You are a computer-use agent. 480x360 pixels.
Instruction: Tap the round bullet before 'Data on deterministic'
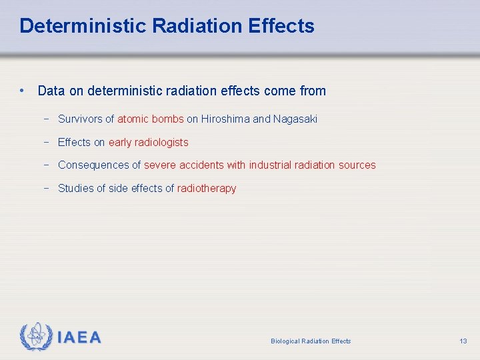(23, 90)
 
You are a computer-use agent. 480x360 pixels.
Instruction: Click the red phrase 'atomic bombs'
(150, 119)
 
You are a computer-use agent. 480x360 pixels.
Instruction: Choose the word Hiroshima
(225, 119)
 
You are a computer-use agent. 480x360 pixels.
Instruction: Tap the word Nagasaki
(295, 119)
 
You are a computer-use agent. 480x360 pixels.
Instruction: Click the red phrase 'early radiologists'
(148, 142)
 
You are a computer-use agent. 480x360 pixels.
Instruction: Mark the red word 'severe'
(160, 165)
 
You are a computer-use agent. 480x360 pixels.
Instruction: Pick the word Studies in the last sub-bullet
(75, 188)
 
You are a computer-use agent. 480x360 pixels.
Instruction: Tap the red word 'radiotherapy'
(207, 188)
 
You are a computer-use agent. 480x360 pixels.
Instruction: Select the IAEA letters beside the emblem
(79, 337)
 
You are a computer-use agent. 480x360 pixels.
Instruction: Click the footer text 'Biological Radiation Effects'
(311, 341)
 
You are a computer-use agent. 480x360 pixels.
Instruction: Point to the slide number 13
(463, 341)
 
